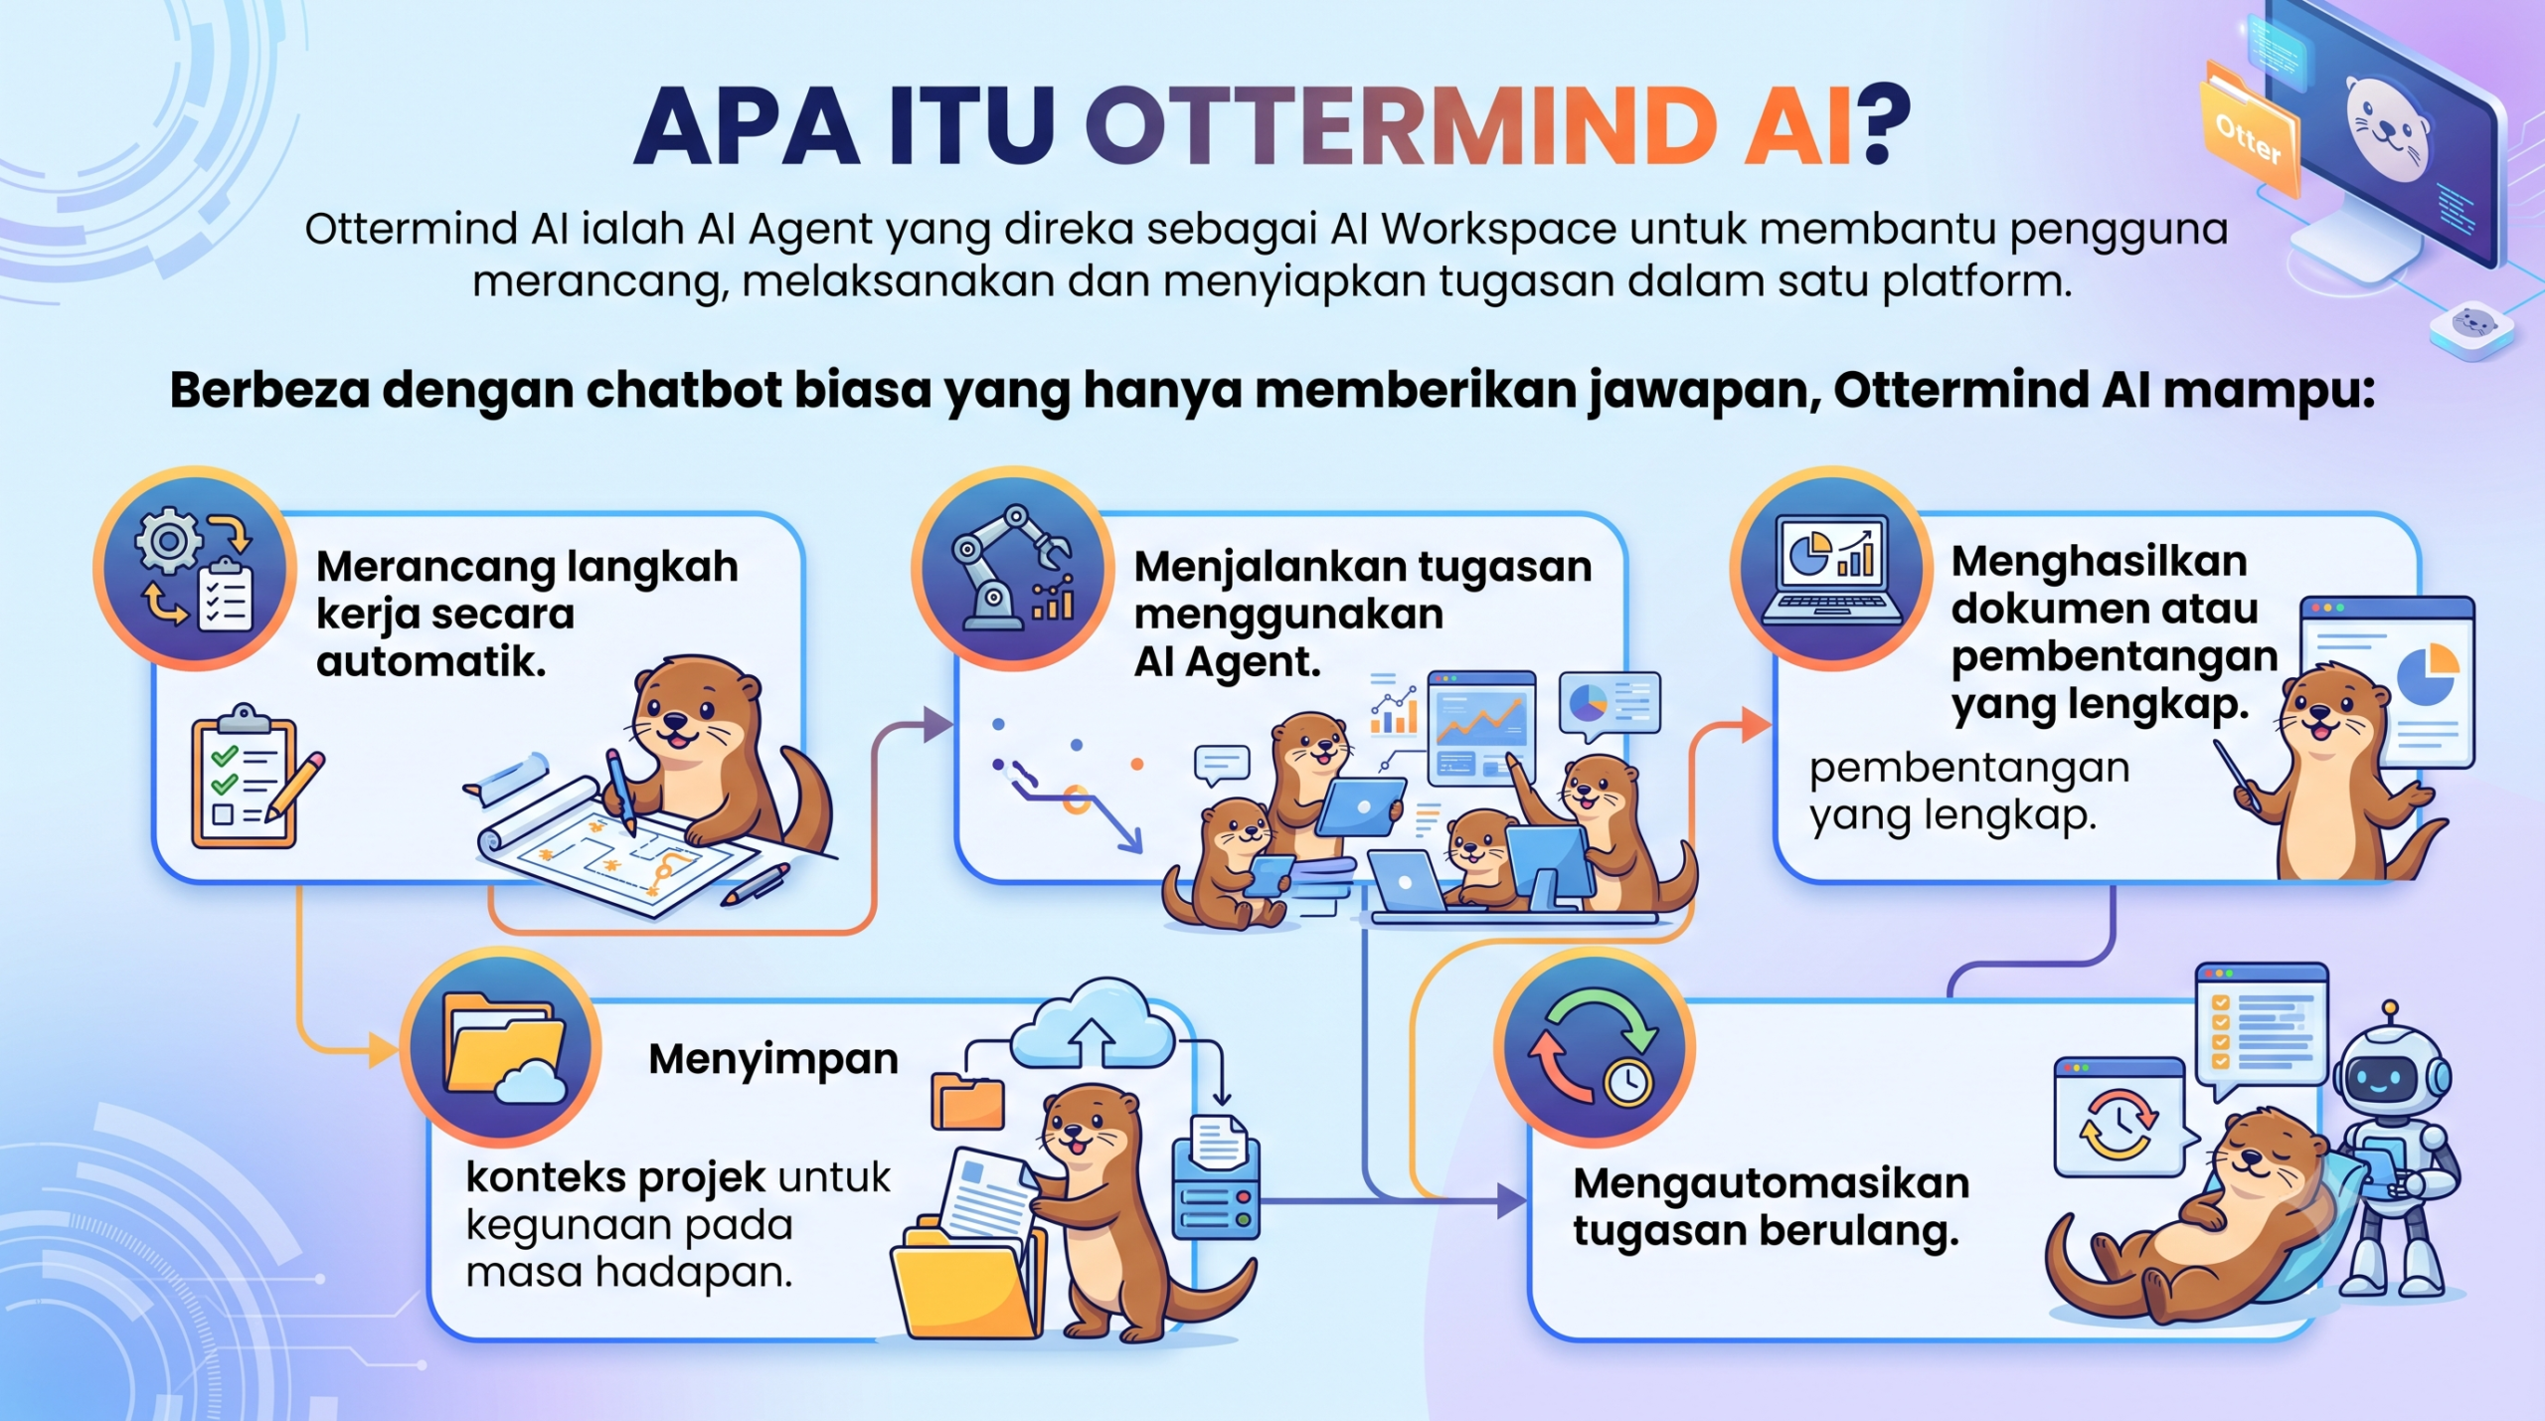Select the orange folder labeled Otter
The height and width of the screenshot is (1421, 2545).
(x=2249, y=129)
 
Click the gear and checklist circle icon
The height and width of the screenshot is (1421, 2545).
(x=194, y=570)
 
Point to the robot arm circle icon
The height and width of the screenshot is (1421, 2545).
(x=1012, y=570)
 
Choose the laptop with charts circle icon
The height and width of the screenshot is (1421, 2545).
(x=1830, y=570)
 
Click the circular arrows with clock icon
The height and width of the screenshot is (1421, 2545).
(x=1594, y=1048)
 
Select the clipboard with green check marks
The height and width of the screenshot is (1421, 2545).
(x=245, y=777)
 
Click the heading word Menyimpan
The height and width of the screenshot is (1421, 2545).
(x=773, y=1060)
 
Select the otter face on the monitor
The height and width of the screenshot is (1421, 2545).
(x=2388, y=129)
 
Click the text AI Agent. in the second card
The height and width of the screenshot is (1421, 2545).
(x=1227, y=661)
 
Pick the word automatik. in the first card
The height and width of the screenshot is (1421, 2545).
(x=431, y=661)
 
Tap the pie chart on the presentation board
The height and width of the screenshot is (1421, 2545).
(x=2428, y=673)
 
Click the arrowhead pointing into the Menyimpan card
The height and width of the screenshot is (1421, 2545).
(x=384, y=1049)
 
